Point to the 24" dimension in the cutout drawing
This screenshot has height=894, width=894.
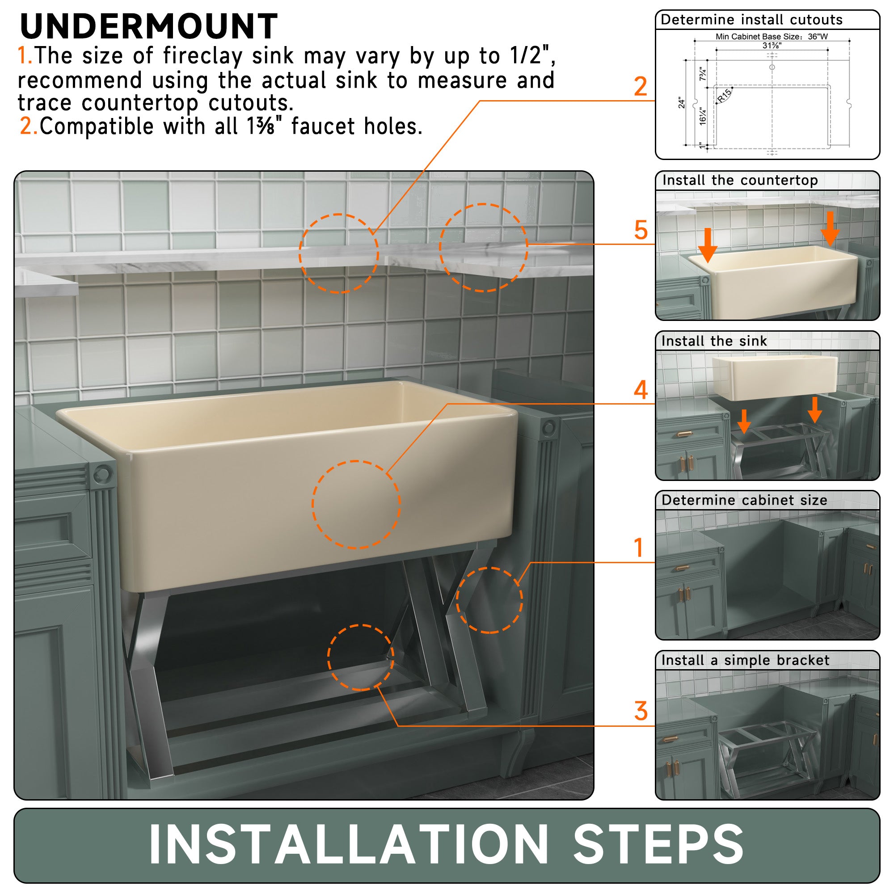coord(682,103)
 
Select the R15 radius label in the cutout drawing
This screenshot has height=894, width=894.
coord(725,95)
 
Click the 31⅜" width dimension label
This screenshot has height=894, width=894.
coord(772,45)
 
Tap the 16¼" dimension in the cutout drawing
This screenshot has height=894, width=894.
coord(703,116)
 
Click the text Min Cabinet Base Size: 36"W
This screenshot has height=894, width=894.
coord(772,37)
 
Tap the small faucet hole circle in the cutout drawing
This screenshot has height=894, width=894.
coord(772,67)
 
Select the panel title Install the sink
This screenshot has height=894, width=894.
coord(714,341)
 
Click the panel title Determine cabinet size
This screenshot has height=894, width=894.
coord(744,500)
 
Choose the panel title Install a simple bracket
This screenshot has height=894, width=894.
coord(745,660)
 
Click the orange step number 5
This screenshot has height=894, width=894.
coord(641,231)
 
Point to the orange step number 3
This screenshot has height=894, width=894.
coord(641,711)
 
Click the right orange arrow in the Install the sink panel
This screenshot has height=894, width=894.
coord(815,409)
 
